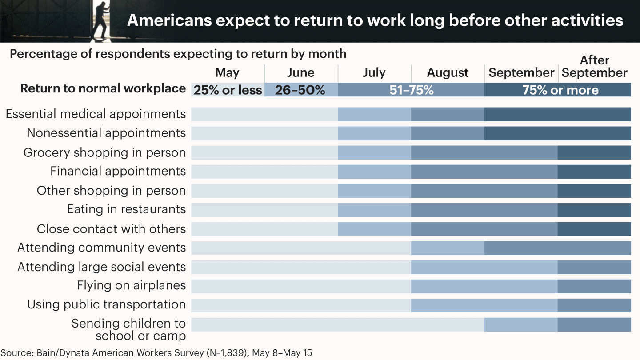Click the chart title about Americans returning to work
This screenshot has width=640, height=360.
click(375, 21)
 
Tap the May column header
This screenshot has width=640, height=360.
click(227, 73)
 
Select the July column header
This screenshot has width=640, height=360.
click(374, 73)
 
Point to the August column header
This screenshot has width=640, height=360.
click(448, 73)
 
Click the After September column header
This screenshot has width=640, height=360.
click(595, 67)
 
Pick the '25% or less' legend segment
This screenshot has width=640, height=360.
click(228, 90)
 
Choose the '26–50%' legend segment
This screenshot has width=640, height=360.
click(300, 90)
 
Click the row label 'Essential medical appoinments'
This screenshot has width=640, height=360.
click(96, 114)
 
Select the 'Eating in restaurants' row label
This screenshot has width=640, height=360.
click(126, 209)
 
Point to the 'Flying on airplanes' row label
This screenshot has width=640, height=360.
click(131, 285)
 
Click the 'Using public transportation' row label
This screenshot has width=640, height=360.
click(107, 305)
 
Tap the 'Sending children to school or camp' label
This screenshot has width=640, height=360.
click(128, 329)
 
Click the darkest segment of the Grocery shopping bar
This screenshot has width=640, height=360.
click(594, 152)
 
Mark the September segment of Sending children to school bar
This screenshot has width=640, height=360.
click(521, 324)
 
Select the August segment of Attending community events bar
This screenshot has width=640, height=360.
click(448, 248)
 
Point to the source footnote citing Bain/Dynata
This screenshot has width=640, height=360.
click(156, 353)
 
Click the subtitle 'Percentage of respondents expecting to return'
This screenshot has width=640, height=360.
click(178, 54)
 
